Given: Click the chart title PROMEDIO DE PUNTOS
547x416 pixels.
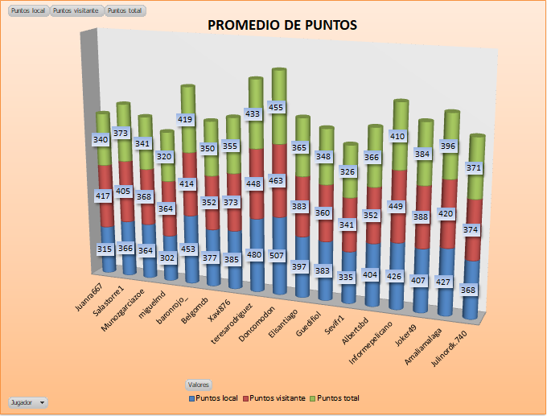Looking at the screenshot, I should point(282,25).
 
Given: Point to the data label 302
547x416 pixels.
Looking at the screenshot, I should point(167,258).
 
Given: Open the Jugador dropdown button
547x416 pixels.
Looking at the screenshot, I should point(27,402).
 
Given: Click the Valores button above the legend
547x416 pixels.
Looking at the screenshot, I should point(198,385).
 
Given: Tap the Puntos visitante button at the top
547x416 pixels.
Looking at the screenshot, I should point(76,10).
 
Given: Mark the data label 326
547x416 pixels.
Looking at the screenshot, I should point(348,171).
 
